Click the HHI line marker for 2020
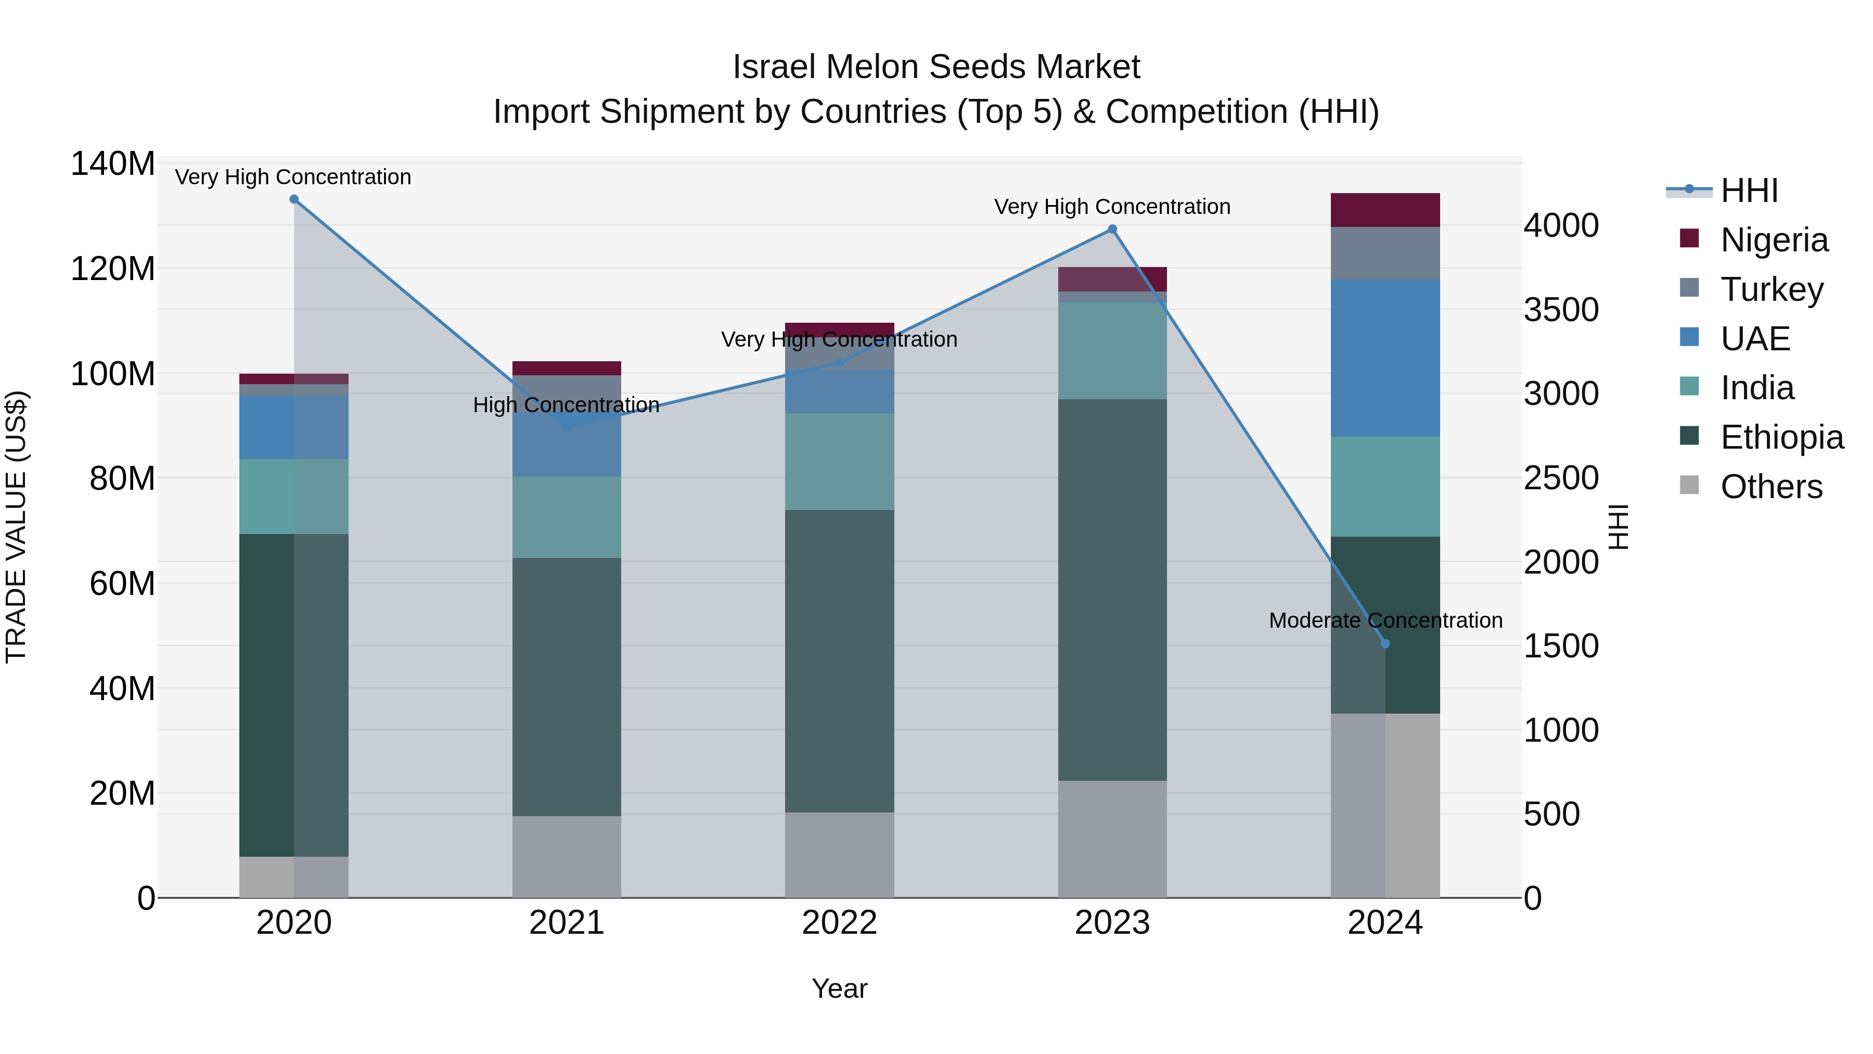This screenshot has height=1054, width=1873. click(294, 199)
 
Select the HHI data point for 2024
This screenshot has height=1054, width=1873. click(1384, 644)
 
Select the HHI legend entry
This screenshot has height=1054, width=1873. click(1748, 191)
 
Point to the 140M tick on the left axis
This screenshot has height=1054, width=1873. click(113, 163)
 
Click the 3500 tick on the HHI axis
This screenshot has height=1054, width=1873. click(1560, 310)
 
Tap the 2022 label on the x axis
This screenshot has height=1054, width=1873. click(839, 923)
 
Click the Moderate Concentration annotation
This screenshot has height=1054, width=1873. click(1385, 620)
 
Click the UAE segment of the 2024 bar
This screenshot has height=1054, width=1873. click(1384, 358)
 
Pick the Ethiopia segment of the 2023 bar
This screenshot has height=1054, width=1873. click(1112, 589)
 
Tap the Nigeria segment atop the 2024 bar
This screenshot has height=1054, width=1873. click(1384, 210)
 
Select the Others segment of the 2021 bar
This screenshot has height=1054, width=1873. click(567, 856)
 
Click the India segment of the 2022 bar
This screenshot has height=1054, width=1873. click(839, 461)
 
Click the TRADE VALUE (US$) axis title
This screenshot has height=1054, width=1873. click(17, 527)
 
